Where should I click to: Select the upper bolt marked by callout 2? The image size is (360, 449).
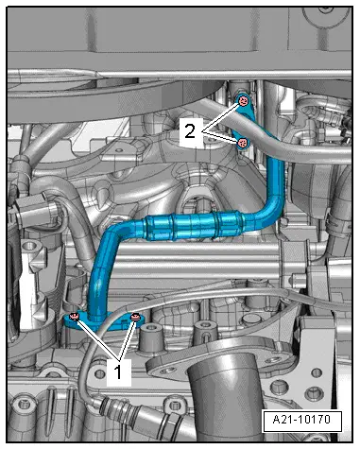click(x=243, y=101)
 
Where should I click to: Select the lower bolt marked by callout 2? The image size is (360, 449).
click(x=242, y=142)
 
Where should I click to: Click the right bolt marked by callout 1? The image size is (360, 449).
click(x=135, y=318)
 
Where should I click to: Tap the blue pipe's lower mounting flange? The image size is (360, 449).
click(x=104, y=322)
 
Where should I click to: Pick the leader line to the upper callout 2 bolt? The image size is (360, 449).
click(x=219, y=114)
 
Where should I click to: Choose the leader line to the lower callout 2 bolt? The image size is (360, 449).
click(x=219, y=137)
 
